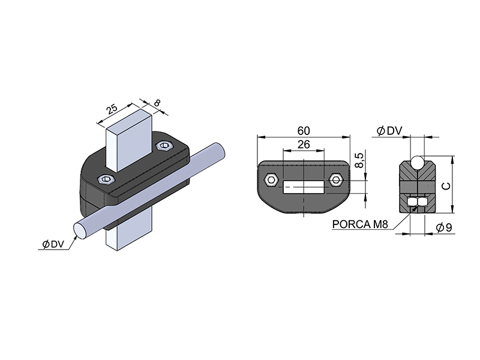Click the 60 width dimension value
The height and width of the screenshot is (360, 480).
[x=304, y=131]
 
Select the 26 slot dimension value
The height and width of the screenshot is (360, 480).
[x=304, y=144]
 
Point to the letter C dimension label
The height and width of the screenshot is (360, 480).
[x=447, y=186]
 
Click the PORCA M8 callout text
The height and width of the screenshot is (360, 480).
[x=360, y=224]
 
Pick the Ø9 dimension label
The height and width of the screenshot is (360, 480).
[x=444, y=227]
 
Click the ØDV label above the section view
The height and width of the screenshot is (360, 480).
[x=389, y=131]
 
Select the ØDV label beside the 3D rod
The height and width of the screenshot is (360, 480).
[x=53, y=244]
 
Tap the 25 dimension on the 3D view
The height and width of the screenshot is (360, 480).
[x=112, y=109]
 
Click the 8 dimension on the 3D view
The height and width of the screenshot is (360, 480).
[x=157, y=103]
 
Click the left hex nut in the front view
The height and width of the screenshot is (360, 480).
[x=271, y=179]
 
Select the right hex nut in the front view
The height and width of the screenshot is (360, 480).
[x=336, y=179]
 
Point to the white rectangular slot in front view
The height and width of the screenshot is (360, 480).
[x=304, y=187]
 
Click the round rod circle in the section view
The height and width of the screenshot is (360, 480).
[x=417, y=162]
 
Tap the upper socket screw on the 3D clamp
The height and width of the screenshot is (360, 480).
[x=165, y=145]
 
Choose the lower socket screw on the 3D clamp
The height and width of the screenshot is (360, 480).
[x=106, y=179]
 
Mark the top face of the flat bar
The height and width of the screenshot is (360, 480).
[x=129, y=119]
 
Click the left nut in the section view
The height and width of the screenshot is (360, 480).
[x=412, y=201]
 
